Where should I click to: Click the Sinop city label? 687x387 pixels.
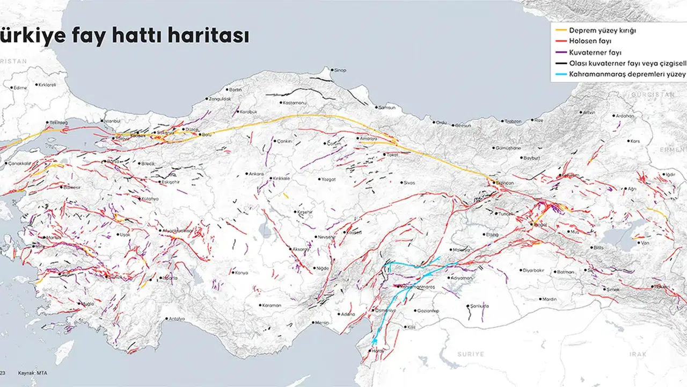[340, 70]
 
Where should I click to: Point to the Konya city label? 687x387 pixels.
[241, 273]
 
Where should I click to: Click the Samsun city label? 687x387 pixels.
[386, 107]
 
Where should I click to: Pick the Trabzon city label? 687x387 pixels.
[513, 121]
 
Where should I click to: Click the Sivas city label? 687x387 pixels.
[408, 183]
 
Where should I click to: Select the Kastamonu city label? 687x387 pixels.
[294, 103]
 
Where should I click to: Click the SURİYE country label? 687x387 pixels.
[470, 354]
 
